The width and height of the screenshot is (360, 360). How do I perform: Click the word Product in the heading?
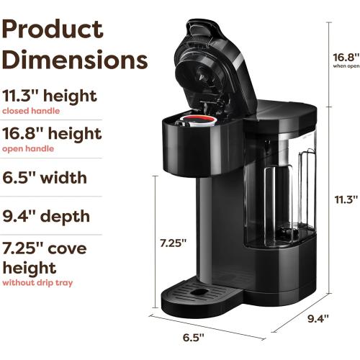tap(52, 30)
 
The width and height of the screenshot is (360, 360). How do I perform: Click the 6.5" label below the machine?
tap(192, 336)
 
